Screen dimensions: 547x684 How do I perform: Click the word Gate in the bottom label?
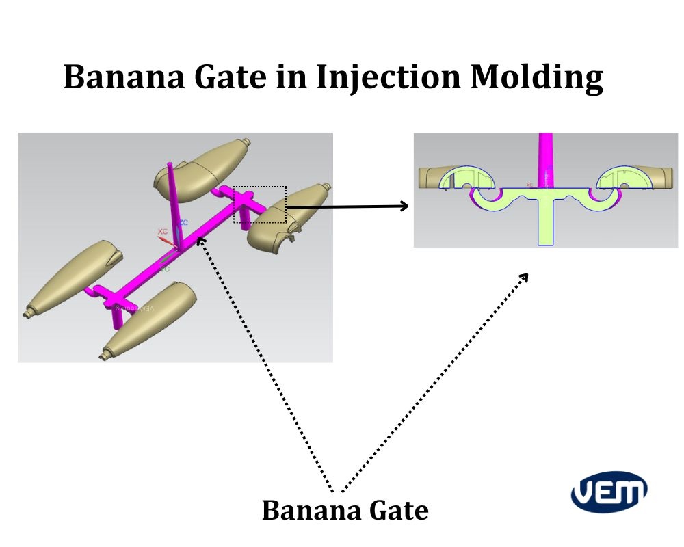pyautogui.click(x=398, y=510)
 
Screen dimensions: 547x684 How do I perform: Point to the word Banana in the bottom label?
pyautogui.click(x=311, y=510)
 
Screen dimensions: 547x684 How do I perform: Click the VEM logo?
pyautogui.click(x=609, y=492)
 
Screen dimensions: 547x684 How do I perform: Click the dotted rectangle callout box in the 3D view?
pyautogui.click(x=260, y=204)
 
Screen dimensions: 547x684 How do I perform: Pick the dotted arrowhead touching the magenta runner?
pyautogui.click(x=200, y=240)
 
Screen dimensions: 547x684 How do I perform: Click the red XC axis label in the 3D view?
pyautogui.click(x=163, y=232)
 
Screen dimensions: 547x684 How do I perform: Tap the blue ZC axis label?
pyautogui.click(x=184, y=223)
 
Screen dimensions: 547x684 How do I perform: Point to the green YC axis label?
pyautogui.click(x=165, y=269)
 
